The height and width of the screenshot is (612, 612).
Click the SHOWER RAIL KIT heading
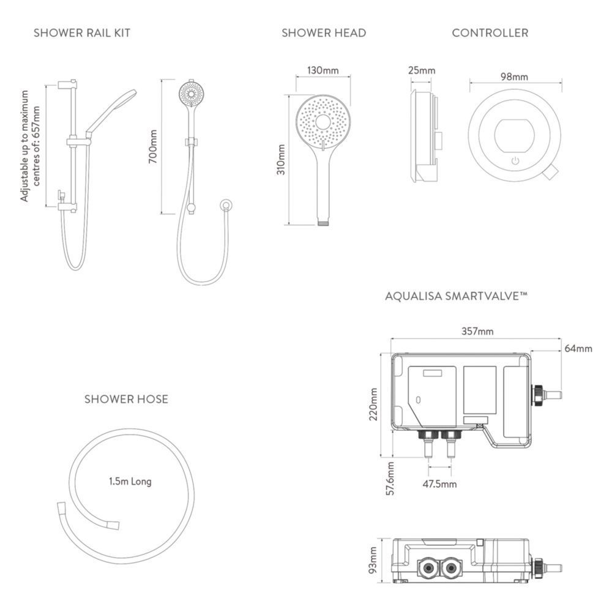pyautogui.click(x=82, y=33)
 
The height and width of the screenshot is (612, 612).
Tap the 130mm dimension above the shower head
pyautogui.click(x=323, y=70)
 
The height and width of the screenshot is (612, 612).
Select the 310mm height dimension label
pyautogui.click(x=281, y=160)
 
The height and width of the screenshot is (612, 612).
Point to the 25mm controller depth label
pyautogui.click(x=422, y=70)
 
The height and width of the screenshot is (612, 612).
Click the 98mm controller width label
pyautogui.click(x=515, y=77)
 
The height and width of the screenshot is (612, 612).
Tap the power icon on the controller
pyautogui.click(x=515, y=161)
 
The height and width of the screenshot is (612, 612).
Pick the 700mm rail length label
pyautogui.click(x=153, y=147)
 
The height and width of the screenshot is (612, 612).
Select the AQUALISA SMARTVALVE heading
pyautogui.click(x=457, y=296)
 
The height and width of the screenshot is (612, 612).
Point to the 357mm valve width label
pyautogui.click(x=477, y=331)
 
